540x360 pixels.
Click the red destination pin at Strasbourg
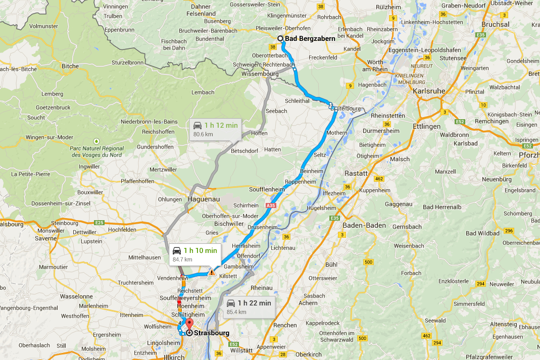(189, 324)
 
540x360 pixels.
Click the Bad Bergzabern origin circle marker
(280, 38)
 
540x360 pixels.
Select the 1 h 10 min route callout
(194, 254)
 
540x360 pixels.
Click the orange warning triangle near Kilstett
(212, 272)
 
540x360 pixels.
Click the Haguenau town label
(203, 199)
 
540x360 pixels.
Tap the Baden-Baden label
(364, 225)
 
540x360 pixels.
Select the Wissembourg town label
(260, 74)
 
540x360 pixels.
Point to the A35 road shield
(271, 205)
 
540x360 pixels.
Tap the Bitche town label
(70, 66)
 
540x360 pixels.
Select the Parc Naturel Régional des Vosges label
(97, 151)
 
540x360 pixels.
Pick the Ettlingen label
(426, 127)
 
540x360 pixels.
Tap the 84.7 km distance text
(182, 260)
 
